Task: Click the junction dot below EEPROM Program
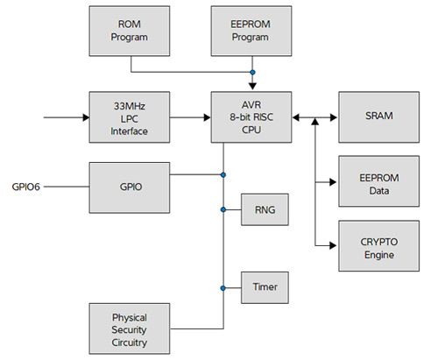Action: [x=252, y=72]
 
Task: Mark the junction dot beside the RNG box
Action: [x=223, y=209]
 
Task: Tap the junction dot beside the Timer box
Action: [x=223, y=286]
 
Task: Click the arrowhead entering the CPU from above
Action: [x=252, y=86]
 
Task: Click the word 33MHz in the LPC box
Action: [x=130, y=106]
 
